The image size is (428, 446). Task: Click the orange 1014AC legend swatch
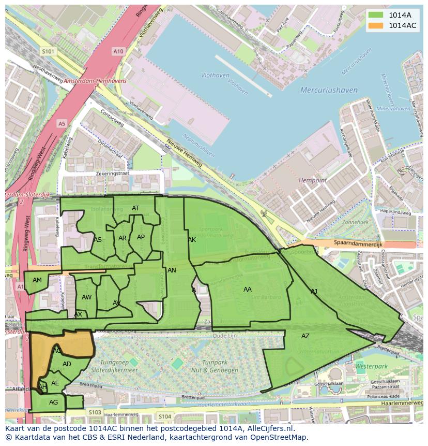point(376,25)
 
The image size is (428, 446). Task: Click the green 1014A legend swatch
point(376,15)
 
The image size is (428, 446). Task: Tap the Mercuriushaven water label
point(329,90)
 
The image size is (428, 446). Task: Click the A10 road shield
point(118,51)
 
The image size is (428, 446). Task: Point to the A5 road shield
point(62,123)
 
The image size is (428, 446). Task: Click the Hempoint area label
point(313,180)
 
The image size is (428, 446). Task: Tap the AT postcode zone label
point(135,208)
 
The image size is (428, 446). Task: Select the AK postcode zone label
point(192,240)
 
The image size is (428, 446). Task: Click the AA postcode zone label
point(248,290)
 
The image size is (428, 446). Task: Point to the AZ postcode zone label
point(305,336)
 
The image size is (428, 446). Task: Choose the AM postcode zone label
point(37,280)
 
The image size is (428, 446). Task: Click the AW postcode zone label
point(86,297)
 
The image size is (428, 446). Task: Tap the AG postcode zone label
point(53,402)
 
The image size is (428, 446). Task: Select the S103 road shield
point(95,412)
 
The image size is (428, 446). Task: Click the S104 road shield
point(164,416)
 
